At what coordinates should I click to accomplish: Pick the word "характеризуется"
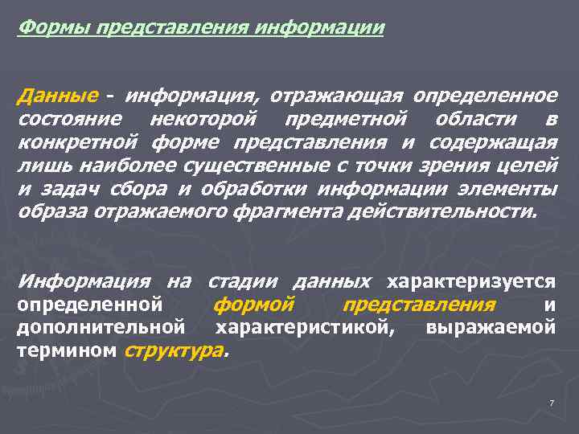click(471, 282)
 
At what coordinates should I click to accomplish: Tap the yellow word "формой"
click(253, 305)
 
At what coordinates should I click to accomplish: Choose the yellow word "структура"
click(175, 352)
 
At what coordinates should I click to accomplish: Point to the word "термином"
click(68, 352)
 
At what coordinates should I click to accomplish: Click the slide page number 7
click(552, 402)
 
